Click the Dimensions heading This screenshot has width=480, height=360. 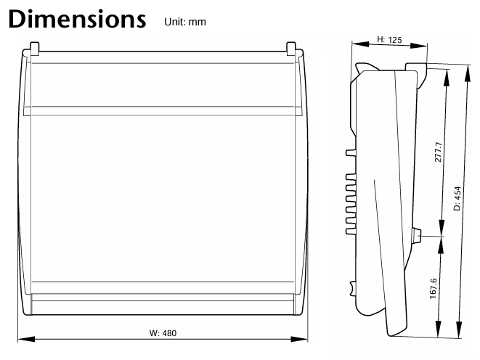coord(77,19)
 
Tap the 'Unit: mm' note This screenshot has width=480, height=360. coord(185,22)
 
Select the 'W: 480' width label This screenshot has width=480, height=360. coord(163,332)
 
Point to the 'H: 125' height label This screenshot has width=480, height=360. coord(389,40)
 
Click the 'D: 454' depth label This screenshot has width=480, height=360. coord(457,198)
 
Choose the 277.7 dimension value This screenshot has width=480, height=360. coord(439,152)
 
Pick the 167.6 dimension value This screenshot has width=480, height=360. coord(434,288)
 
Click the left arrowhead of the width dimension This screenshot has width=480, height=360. coord(26,339)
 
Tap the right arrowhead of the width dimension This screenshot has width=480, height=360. coord(299,339)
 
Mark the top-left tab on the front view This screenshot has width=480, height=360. coord(35,49)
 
